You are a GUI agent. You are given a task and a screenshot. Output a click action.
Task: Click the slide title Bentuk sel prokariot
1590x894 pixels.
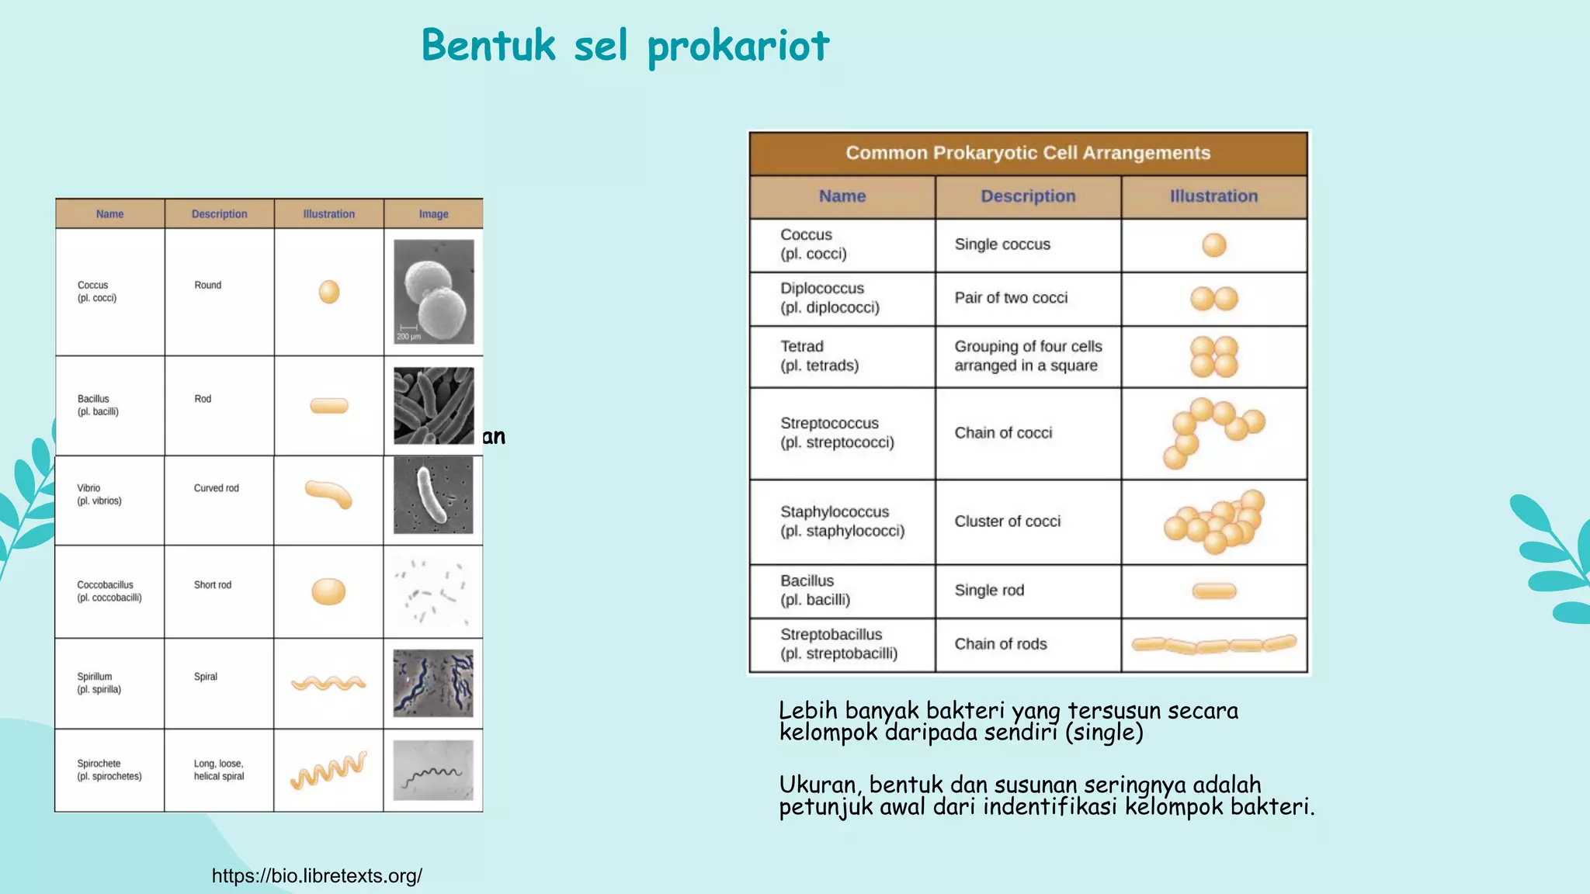tap(625, 45)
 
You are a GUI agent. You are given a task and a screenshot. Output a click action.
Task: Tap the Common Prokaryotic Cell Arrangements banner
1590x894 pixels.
tap(1027, 153)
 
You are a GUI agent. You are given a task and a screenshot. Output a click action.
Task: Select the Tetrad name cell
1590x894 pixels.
tap(820, 355)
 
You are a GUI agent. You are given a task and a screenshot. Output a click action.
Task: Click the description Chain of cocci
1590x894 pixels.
tap(1003, 433)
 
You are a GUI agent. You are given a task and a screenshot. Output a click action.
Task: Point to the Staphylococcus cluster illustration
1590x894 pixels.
tap(1214, 521)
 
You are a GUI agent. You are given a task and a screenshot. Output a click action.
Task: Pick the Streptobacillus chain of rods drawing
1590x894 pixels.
tap(1214, 644)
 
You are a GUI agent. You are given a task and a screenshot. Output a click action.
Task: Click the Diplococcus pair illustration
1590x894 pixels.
tap(1214, 298)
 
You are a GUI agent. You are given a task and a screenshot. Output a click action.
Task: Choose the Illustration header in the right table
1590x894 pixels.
tap(1213, 196)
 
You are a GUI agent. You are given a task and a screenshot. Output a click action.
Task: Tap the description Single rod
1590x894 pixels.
tap(989, 590)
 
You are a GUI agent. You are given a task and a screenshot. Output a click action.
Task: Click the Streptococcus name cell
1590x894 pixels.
tap(837, 432)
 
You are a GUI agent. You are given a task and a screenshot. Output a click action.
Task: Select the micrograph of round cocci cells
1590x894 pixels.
tap(433, 291)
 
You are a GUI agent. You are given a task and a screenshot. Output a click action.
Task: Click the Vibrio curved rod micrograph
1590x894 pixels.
tap(433, 495)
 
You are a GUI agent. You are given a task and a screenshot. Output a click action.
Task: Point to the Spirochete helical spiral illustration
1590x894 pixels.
tap(328, 771)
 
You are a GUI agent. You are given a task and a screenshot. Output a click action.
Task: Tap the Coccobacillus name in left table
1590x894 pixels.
tap(109, 591)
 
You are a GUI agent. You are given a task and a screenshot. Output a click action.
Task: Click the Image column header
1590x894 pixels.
tap(433, 214)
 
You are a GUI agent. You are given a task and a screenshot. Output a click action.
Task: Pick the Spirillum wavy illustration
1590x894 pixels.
tap(328, 683)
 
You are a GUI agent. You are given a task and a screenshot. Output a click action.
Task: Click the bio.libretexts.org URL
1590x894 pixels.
tap(317, 875)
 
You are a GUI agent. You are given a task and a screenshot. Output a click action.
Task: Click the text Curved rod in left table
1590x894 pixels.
tap(216, 488)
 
